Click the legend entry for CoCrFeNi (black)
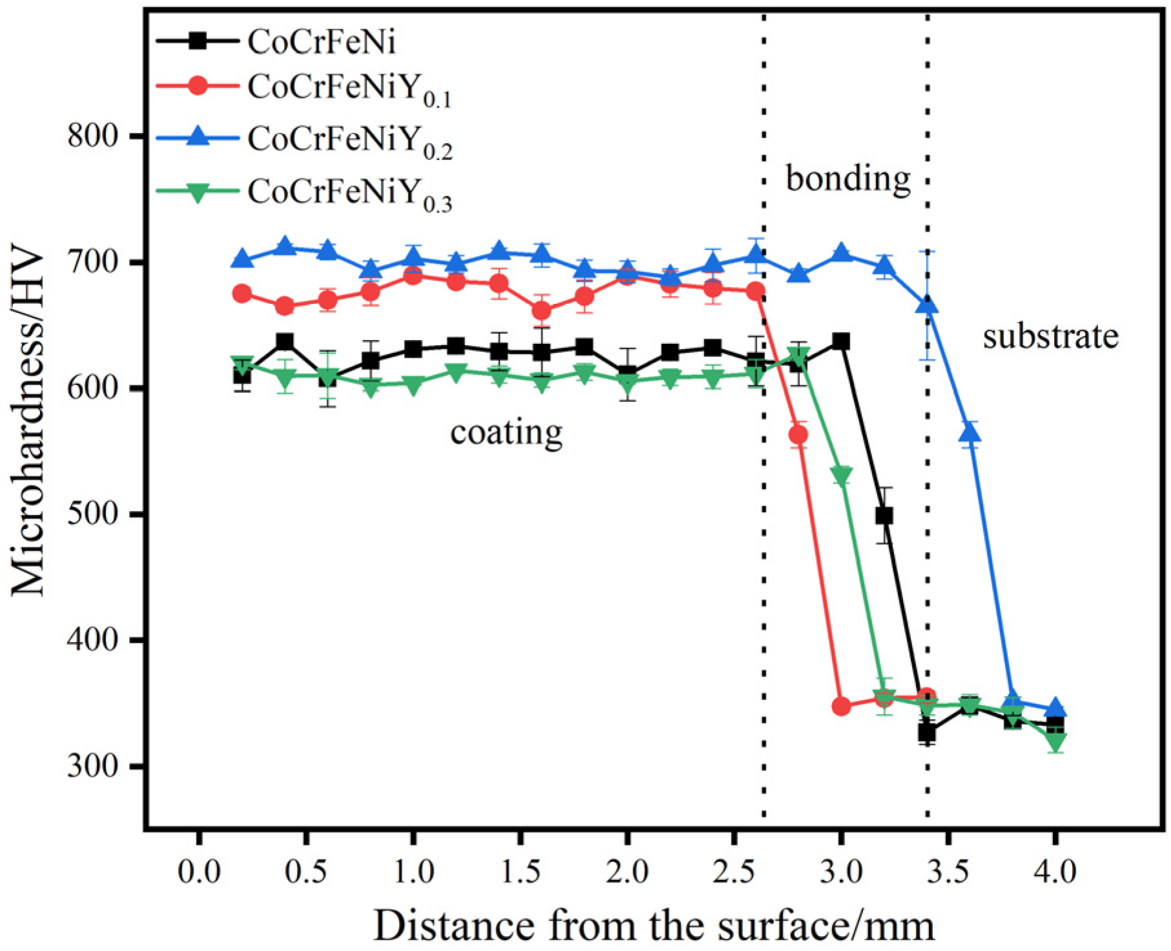321,42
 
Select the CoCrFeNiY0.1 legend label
349,88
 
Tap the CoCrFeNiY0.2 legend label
349,140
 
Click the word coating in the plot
506,432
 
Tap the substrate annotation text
1050,337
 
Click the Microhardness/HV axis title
29,423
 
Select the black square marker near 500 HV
884,516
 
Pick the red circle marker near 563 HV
799,435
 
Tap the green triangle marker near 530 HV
841,476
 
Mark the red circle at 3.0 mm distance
841,706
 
